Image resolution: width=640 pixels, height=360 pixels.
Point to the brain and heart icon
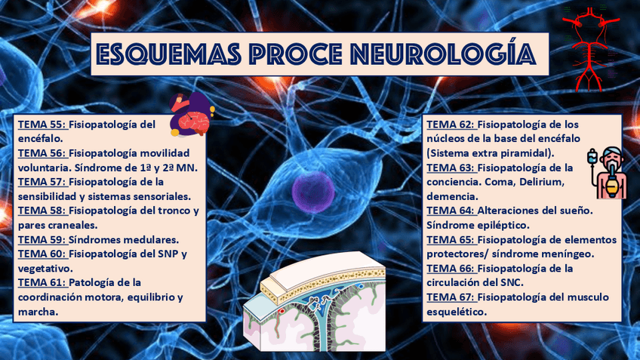point(191,114)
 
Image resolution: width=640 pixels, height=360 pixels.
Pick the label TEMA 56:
point(42,153)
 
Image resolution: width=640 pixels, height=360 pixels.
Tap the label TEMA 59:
point(42,239)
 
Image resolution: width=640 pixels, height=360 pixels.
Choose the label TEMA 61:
point(42,282)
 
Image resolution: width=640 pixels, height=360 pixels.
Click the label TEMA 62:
point(451,125)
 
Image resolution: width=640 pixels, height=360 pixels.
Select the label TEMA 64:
point(451,211)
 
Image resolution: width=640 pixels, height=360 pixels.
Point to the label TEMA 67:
point(451,297)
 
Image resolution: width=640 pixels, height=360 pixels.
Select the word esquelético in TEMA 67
point(456,311)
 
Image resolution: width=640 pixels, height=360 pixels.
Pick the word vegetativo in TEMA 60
point(44,268)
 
